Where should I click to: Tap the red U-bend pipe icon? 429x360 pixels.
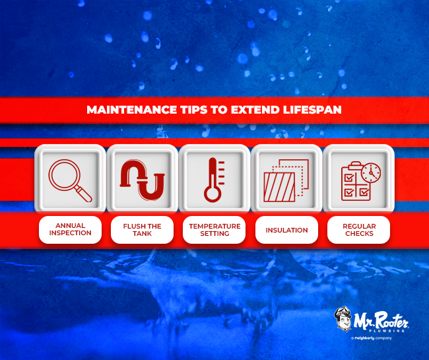tap(141, 178)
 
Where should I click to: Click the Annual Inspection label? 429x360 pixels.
tap(69, 230)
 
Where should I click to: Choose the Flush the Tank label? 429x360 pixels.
tap(142, 230)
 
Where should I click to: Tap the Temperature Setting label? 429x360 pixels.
tap(214, 230)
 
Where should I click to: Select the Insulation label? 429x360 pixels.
tap(286, 230)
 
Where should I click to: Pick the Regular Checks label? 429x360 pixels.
tap(358, 230)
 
